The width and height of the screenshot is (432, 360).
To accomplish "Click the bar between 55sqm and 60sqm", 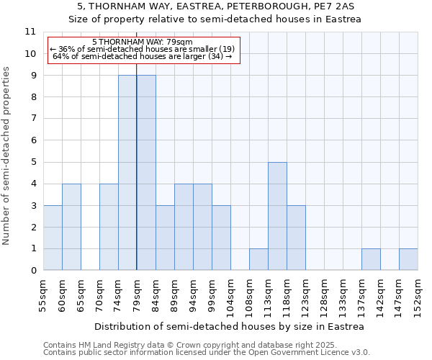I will (x=53, y=238).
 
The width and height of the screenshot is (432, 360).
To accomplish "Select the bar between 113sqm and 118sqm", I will (x=277, y=216).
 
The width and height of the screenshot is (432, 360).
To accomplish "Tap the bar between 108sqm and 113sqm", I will (x=258, y=259).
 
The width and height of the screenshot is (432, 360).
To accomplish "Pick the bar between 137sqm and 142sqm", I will (x=371, y=259).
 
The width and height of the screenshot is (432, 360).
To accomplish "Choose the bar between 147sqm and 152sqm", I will (x=408, y=259).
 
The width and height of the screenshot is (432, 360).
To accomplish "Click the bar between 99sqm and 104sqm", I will (x=221, y=238).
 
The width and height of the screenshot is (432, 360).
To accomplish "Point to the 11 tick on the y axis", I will (x=30, y=32).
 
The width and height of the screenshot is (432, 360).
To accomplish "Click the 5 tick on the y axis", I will (x=32, y=162).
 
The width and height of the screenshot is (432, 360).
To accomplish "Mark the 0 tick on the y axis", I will (x=32, y=271).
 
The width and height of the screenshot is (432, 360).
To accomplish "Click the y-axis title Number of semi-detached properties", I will (x=7, y=156).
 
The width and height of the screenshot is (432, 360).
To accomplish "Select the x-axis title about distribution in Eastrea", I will (x=229, y=326).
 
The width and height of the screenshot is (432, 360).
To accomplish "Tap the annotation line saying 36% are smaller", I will (x=142, y=49).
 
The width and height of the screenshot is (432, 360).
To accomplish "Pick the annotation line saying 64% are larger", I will (x=142, y=56).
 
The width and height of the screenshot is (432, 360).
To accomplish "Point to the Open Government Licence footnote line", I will (x=207, y=353).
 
